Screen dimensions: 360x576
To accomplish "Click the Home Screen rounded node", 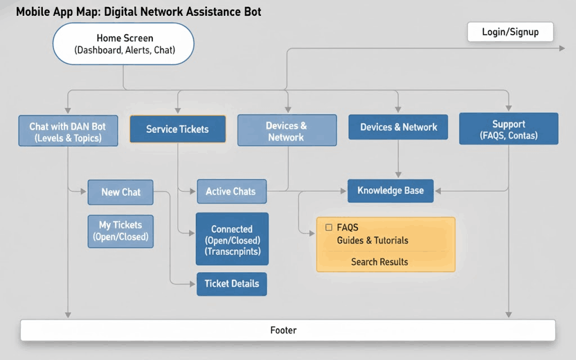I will click(124, 44).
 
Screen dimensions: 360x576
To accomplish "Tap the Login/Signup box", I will click(510, 32).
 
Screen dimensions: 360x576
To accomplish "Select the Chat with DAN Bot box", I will click(68, 132).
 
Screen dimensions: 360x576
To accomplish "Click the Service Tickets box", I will click(177, 129).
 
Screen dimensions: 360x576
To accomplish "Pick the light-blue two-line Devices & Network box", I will click(287, 131).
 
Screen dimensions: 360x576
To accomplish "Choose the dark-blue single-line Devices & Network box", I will click(398, 127).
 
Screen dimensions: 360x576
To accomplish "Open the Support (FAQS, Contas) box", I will click(508, 129).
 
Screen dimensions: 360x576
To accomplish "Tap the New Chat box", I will click(121, 192).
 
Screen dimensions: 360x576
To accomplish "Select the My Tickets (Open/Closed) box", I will click(121, 231).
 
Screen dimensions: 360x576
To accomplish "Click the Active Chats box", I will click(231, 192).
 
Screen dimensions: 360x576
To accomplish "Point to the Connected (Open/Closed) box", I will click(232, 240).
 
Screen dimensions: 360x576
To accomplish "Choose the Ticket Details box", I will click(232, 284).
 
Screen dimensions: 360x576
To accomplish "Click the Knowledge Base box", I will click(390, 191).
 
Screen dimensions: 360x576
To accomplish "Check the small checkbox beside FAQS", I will click(328, 228).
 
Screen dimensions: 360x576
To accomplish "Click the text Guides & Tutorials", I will click(372, 241).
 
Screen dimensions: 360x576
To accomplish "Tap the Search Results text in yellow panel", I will click(380, 262).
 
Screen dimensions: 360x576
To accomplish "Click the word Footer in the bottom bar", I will click(283, 330).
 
